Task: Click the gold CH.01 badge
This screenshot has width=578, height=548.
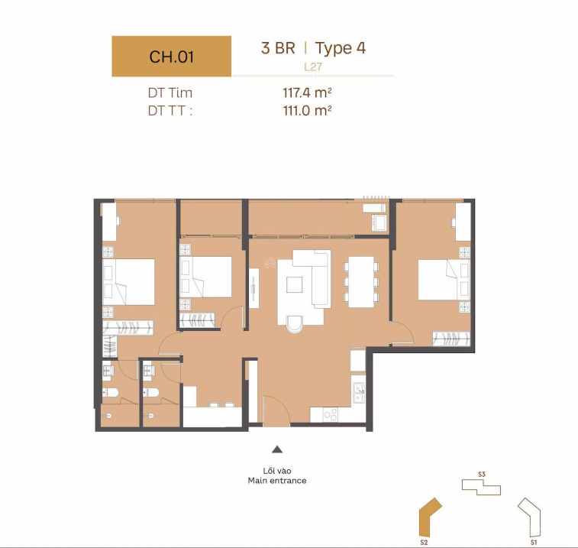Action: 171,56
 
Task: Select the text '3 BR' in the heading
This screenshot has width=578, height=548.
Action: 278,48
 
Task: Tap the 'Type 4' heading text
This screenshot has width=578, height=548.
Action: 341,48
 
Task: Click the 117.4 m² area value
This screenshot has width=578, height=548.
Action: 307,93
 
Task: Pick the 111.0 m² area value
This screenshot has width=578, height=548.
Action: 307,110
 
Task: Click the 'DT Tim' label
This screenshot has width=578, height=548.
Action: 170,93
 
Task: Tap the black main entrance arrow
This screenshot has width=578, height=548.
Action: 277,450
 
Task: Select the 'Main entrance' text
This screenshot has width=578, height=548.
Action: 277,481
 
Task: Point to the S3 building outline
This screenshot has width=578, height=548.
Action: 481,487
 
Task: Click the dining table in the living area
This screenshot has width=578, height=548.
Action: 360,280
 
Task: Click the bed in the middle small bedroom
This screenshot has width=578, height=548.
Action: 205,276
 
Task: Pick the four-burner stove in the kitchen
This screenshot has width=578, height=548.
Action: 331,414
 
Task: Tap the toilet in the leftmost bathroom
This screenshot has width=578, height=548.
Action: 111,394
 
